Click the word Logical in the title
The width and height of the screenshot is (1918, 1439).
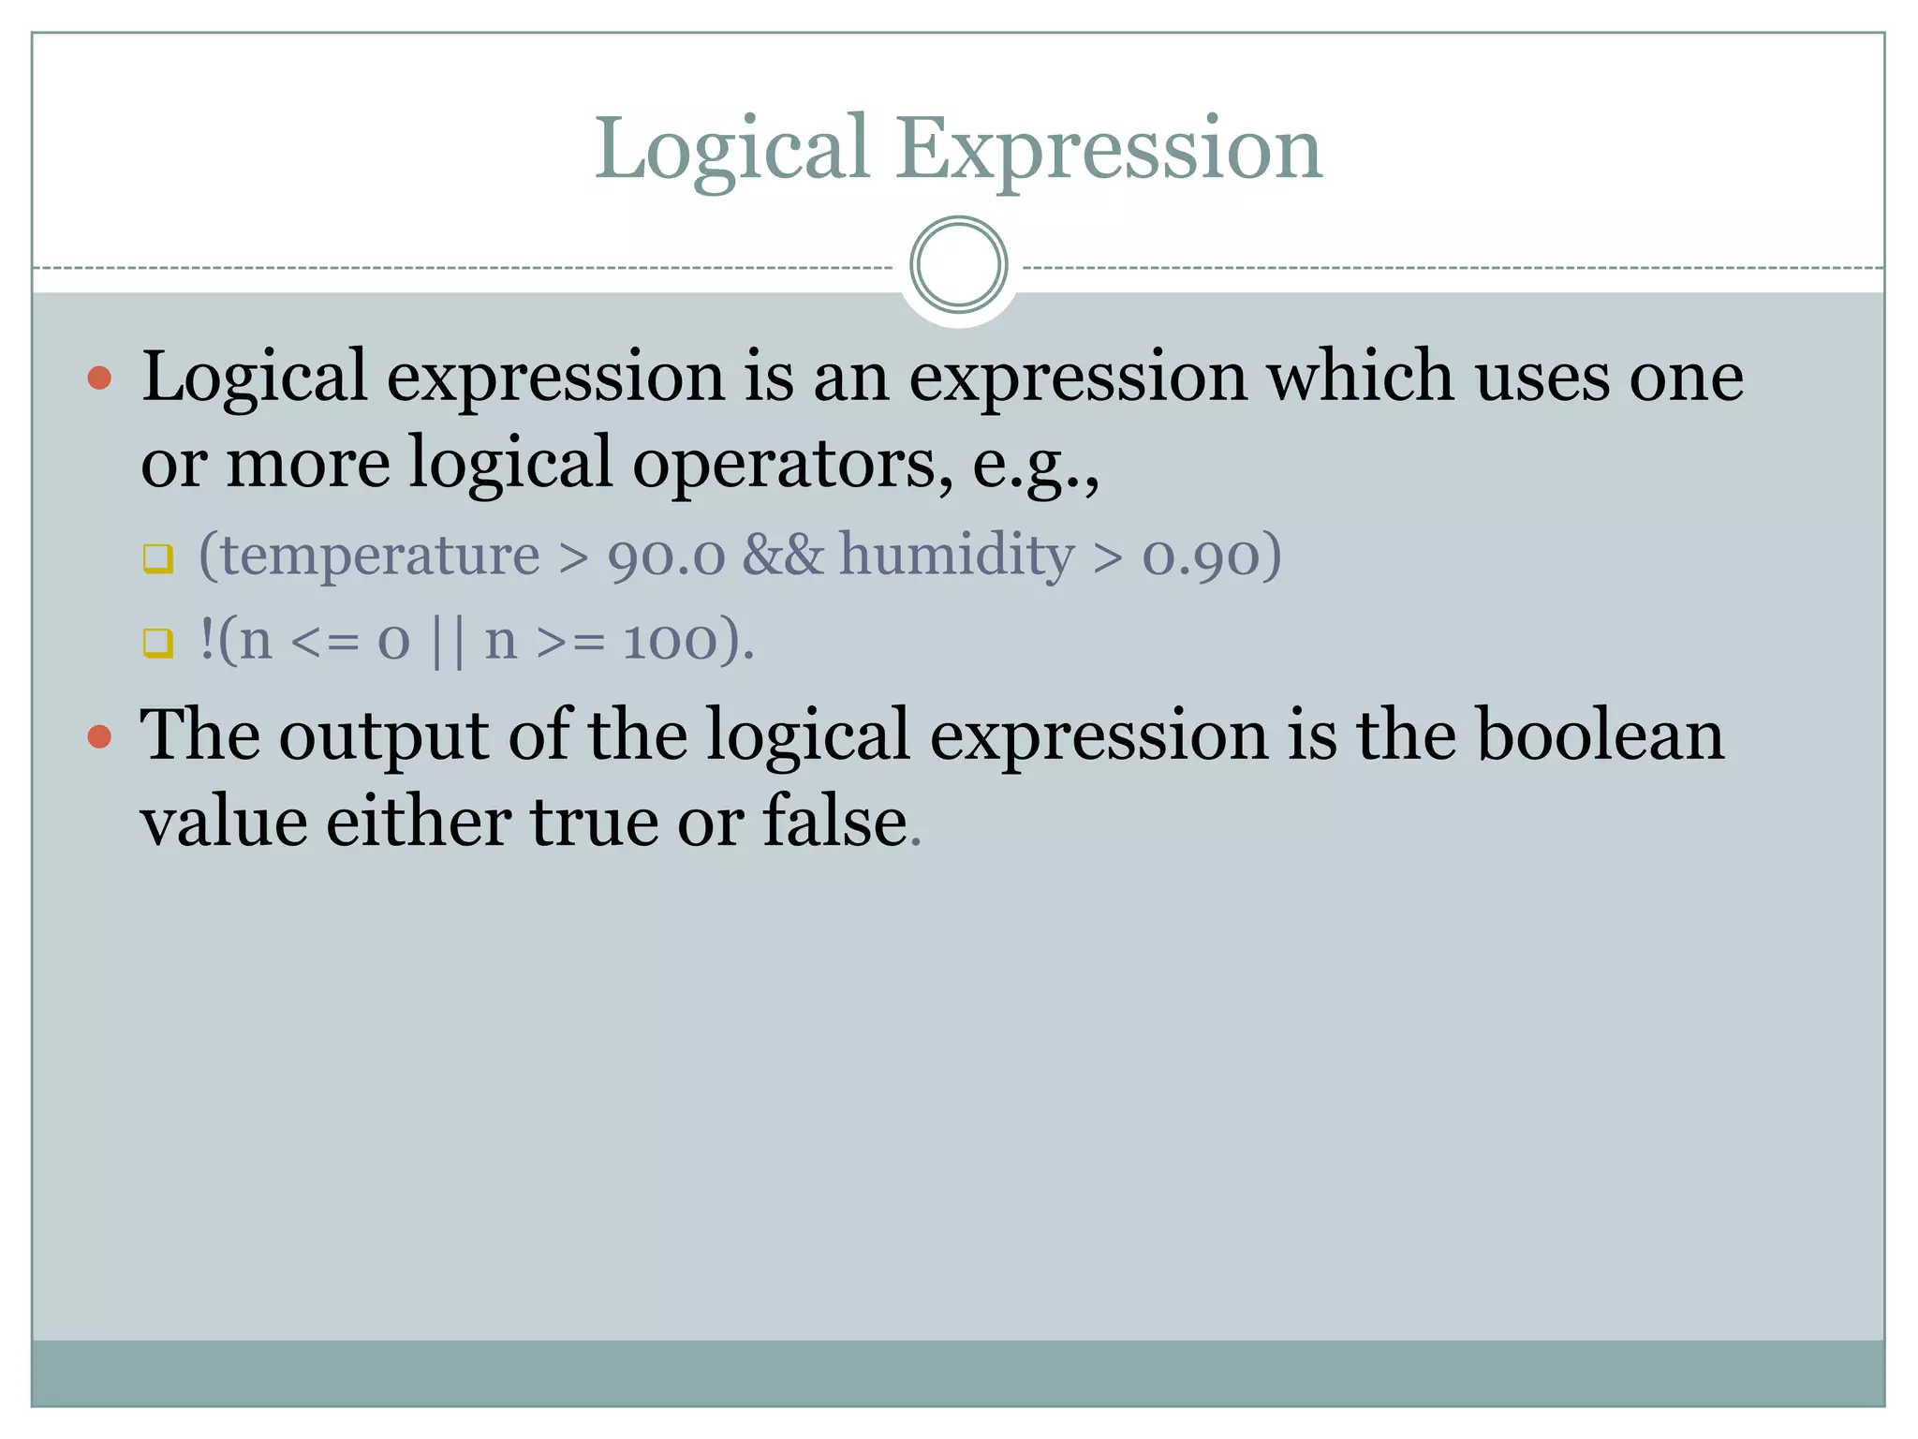[732, 150]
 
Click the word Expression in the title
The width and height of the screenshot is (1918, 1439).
[1109, 150]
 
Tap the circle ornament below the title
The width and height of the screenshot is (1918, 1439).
[958, 265]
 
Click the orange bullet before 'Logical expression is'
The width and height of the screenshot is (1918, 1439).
[99, 378]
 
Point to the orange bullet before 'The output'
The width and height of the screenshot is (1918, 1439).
[99, 737]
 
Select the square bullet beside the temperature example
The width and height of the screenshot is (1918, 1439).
[158, 558]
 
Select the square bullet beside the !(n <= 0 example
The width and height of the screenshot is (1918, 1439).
[158, 643]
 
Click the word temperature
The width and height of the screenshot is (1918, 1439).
[369, 556]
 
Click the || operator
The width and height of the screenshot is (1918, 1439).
[448, 642]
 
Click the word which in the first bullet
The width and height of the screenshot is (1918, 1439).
[1361, 377]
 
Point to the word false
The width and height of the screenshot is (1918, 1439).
[834, 822]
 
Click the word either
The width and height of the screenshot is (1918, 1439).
[419, 822]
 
